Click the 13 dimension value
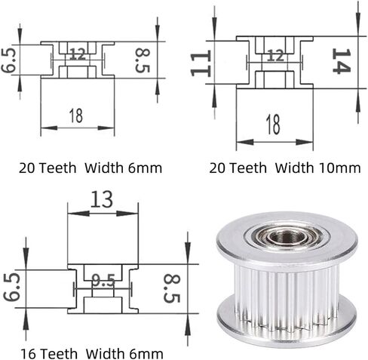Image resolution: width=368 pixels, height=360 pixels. pos(102,199)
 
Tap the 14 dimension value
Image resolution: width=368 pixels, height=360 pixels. pos(341,61)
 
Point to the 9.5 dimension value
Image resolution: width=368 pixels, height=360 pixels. pos(103,281)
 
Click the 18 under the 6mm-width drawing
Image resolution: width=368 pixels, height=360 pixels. pos(75,115)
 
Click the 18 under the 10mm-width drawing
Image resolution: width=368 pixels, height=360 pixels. pos(273,124)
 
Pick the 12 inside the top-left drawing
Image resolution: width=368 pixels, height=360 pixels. pos(78,54)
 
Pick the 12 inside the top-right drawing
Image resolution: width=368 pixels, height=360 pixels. pos(276,56)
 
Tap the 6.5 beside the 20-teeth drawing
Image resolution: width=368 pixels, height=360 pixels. pos(8,60)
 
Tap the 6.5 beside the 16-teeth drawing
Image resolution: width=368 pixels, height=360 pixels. pos(12,287)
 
